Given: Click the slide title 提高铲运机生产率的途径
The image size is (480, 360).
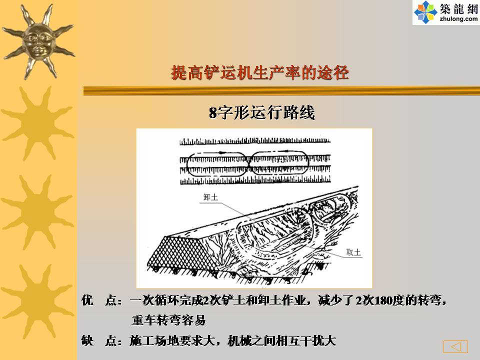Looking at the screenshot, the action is pos(260,73).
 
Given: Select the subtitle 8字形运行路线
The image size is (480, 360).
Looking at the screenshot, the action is pos(261,112).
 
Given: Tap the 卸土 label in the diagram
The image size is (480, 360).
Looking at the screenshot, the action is pos(210,197).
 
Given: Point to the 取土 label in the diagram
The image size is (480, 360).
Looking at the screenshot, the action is pos(353,252).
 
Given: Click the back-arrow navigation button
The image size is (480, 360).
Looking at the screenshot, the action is pos(455,346).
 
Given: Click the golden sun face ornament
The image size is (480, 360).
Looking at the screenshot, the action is pos(38,42).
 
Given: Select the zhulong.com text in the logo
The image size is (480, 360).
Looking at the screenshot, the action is pos(458,19).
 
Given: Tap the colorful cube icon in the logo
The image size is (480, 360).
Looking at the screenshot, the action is pos(425,12).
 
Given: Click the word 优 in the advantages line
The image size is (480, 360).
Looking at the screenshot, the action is pos(87,300).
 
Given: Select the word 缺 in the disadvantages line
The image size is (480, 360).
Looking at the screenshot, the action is pos(87,340).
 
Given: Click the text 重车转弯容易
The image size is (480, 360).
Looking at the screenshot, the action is pos(168,320).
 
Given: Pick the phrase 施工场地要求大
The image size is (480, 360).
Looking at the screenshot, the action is pos(172,340).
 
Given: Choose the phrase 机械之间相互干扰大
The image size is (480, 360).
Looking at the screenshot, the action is pos(282,340).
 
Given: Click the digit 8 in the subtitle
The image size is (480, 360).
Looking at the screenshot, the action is pos(213,112).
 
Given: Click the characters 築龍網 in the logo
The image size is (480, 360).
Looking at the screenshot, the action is pos(459,8).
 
